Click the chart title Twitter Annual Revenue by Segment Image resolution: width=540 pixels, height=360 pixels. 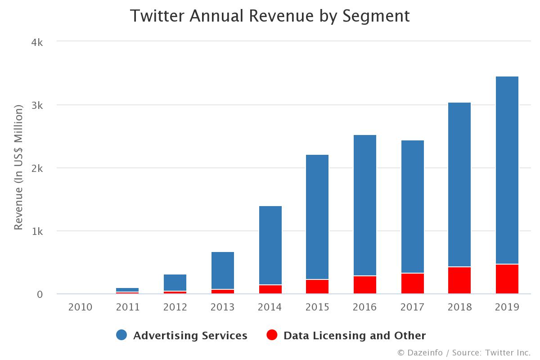click(270, 16)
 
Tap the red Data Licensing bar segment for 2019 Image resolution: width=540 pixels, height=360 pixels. click(507, 279)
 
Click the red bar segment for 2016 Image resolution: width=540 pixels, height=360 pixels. click(364, 285)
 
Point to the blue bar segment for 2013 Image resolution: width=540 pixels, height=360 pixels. click(222, 270)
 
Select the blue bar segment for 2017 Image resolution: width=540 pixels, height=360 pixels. click(412, 207)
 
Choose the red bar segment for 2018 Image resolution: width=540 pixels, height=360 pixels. click(459, 280)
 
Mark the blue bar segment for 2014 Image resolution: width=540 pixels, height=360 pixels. click(270, 245)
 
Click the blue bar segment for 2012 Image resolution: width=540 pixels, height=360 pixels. click(175, 283)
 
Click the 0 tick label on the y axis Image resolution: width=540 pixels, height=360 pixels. click(39, 294)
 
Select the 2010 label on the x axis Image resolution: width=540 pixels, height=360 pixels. click(80, 307)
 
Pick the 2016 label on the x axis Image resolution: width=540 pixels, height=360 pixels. click(364, 307)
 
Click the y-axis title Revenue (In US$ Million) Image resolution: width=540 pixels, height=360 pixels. click(18, 167)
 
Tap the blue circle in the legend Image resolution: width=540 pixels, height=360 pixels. click(121, 335)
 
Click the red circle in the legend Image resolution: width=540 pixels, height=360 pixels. click(272, 335)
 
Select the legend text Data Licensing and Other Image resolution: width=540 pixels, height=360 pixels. click(355, 336)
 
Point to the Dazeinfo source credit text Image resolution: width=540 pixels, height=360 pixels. click(464, 353)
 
